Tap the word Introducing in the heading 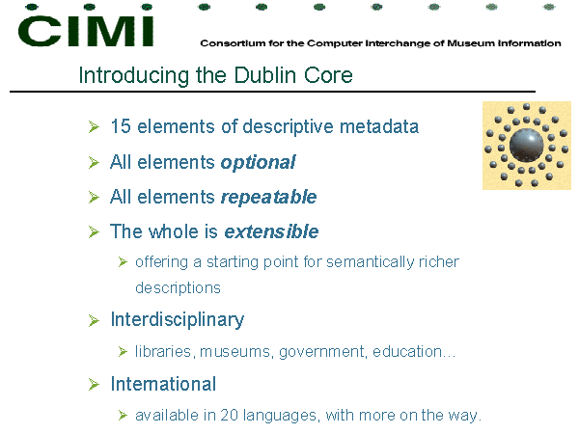[x=134, y=76]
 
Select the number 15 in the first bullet [x=121, y=126]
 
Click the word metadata [x=379, y=126]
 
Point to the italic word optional [x=258, y=163]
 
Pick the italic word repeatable [x=269, y=197]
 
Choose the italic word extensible [x=271, y=231]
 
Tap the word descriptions [x=178, y=287]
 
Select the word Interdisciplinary [x=178, y=320]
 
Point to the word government [x=322, y=352]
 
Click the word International [x=163, y=384]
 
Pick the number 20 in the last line [x=229, y=415]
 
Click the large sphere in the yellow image [x=527, y=146]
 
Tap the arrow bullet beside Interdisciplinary [x=95, y=320]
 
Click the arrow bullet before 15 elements [x=95, y=126]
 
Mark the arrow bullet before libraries [x=123, y=352]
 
